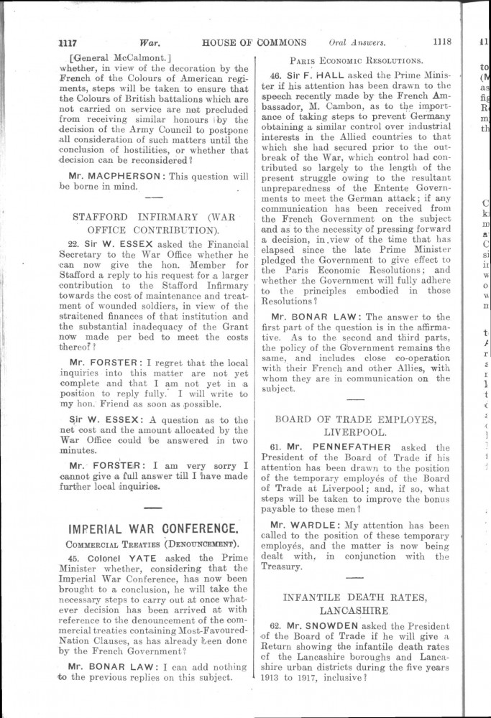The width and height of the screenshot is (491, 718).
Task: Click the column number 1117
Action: [71, 42]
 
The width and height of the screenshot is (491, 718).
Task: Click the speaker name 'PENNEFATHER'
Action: [353, 447]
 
